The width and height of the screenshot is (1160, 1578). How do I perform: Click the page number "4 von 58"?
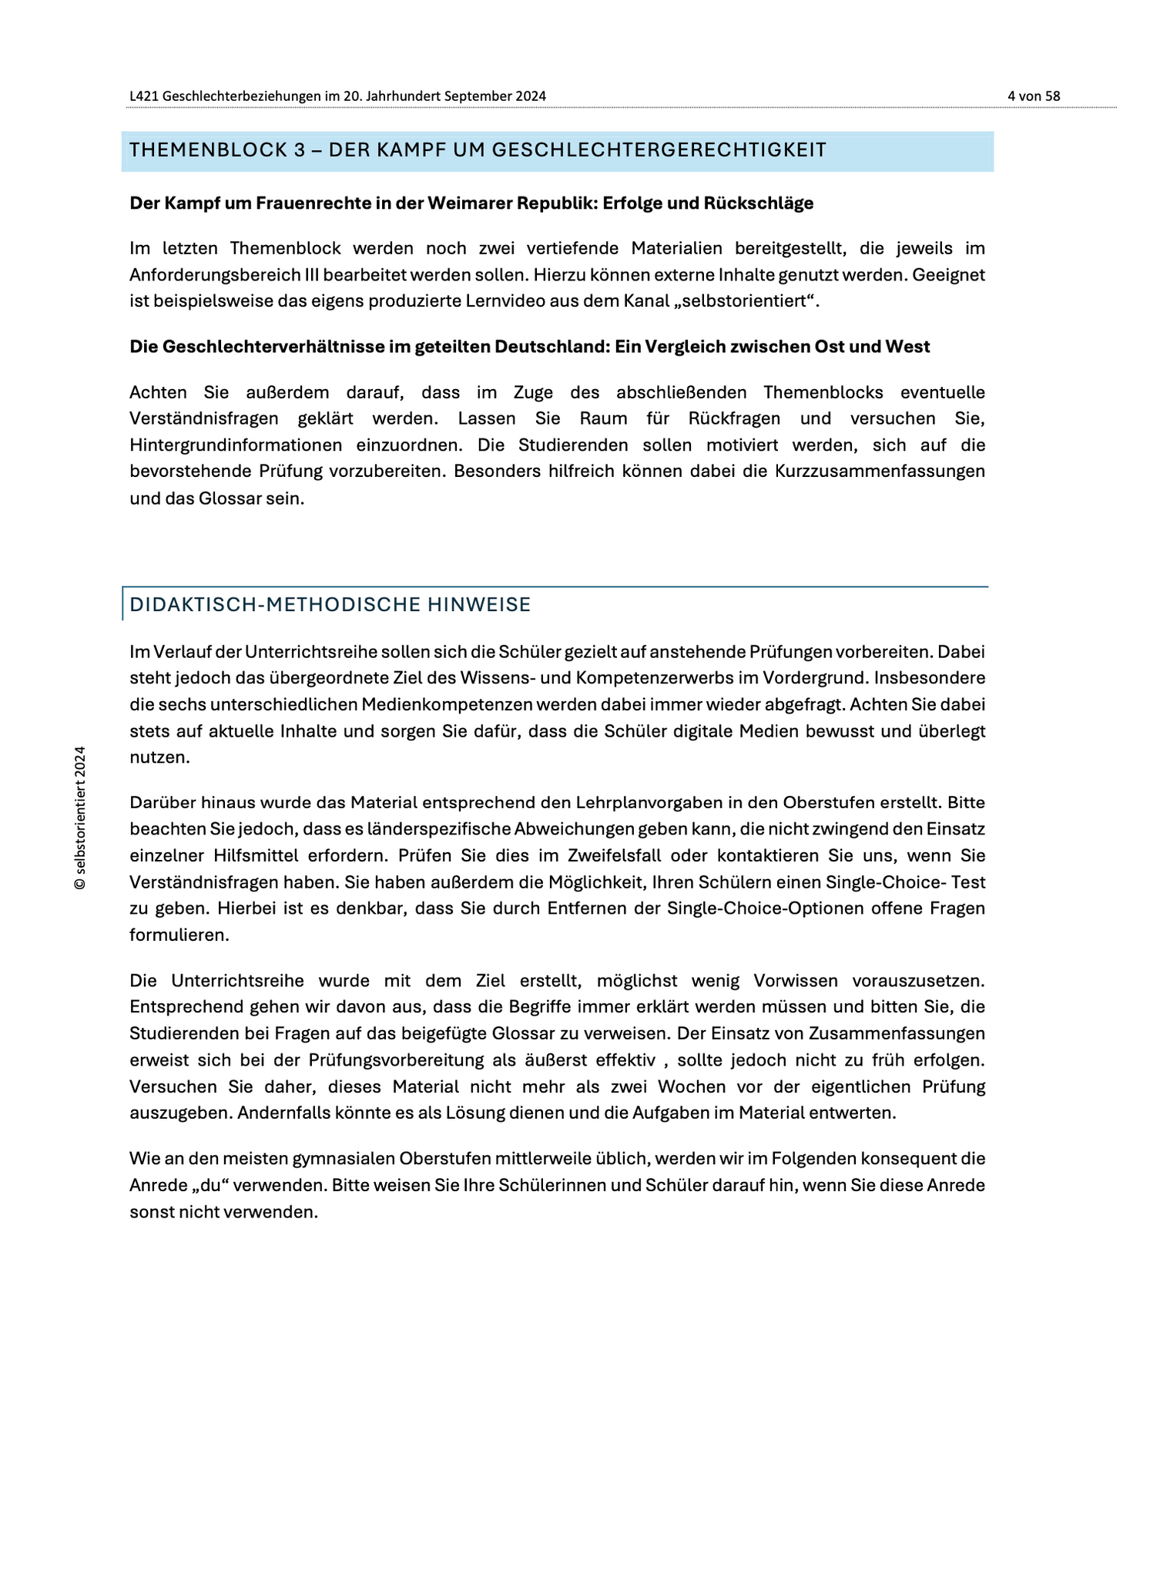[x=1034, y=96]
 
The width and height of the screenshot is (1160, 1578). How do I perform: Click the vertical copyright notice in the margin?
[x=79, y=818]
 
